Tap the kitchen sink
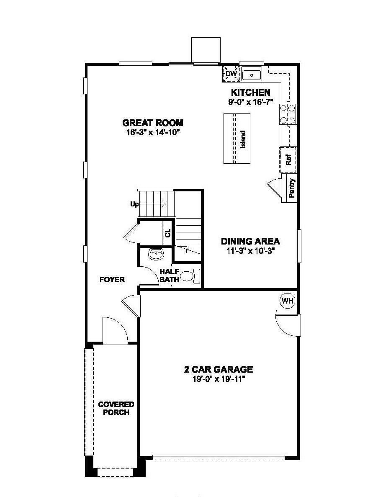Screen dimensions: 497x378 [251, 74]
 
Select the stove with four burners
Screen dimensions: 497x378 [288, 114]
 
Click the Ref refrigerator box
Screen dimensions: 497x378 [288, 160]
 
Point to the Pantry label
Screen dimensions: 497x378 [292, 188]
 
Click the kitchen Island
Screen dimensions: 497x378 [237, 139]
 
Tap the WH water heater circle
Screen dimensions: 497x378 [287, 301]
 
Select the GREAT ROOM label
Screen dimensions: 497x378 [153, 123]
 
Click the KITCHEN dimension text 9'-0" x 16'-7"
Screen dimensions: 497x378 [251, 102]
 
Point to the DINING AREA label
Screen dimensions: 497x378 [250, 241]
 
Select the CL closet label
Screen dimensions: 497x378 [168, 233]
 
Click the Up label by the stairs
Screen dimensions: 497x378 [134, 204]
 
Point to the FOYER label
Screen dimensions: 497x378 [112, 279]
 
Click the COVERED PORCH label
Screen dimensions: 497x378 [116, 408]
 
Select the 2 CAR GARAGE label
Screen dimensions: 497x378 [219, 369]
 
